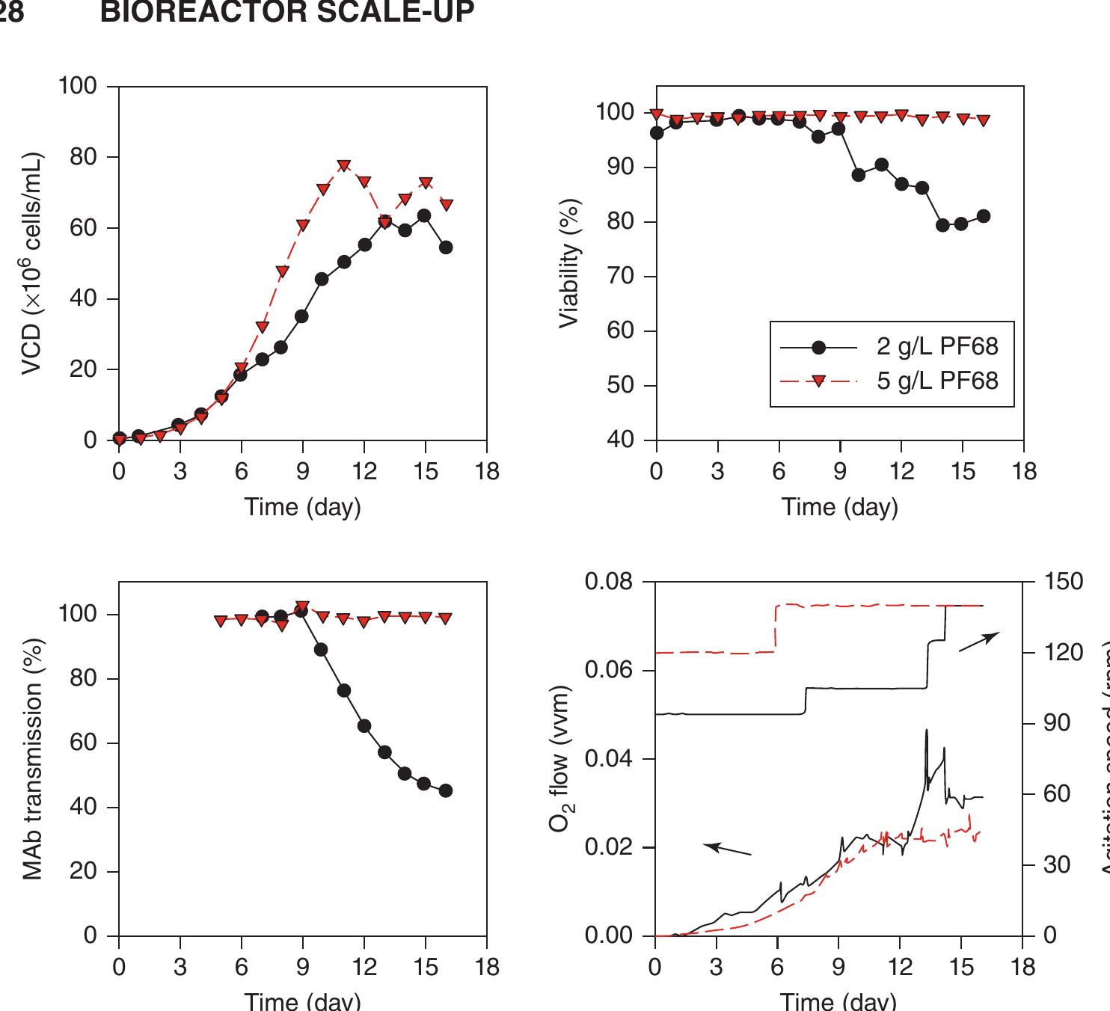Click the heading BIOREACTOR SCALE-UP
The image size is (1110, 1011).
(286, 13)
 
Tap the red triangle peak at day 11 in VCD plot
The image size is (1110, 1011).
(344, 166)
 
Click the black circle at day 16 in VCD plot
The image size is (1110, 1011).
(446, 248)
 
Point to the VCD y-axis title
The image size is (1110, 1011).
(31, 263)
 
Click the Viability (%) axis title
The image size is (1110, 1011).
(569, 263)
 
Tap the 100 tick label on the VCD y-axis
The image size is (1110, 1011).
(78, 87)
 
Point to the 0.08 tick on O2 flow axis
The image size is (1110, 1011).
(609, 581)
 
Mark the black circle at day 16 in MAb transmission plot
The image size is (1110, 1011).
(446, 790)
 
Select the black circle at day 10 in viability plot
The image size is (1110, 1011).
(859, 175)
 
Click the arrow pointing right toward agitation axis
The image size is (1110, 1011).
(979, 641)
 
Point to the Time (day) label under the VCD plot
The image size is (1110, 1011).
(302, 507)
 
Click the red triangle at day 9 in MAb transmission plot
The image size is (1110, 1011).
(302, 607)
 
